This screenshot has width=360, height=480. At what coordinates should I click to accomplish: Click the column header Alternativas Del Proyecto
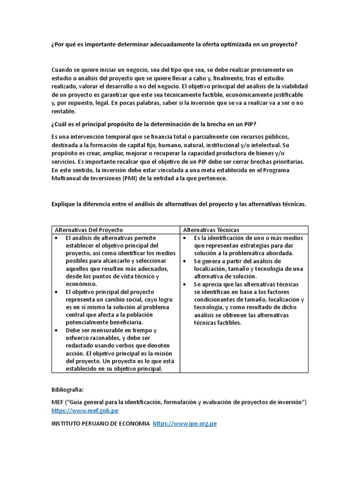click(x=89, y=230)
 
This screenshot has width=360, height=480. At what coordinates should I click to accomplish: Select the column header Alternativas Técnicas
click(x=211, y=230)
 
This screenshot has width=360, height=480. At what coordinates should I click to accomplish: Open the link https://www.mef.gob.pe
click(x=84, y=411)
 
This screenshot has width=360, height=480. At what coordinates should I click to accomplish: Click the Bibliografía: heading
click(x=68, y=390)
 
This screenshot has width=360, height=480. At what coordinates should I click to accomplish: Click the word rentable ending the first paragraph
click(x=63, y=112)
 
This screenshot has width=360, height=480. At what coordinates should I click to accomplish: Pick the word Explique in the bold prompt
click(x=63, y=204)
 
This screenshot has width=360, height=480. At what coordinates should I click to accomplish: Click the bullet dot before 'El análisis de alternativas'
click(x=56, y=238)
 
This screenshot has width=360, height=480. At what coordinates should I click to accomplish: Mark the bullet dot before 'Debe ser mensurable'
click(x=56, y=330)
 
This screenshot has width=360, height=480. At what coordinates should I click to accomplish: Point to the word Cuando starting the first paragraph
click(x=63, y=70)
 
